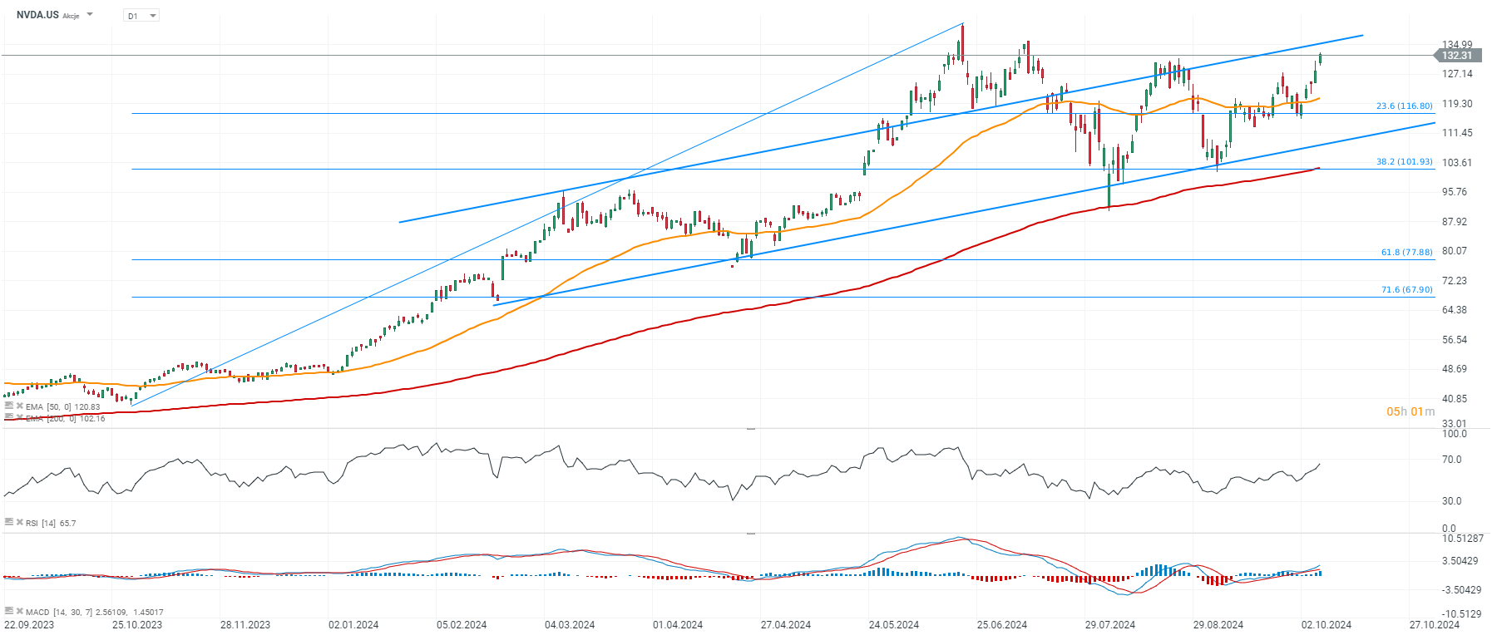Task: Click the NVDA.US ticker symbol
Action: [x=37, y=15]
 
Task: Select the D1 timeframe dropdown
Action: [x=141, y=16]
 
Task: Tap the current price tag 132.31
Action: [x=1456, y=56]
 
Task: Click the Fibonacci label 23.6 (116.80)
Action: [x=1404, y=106]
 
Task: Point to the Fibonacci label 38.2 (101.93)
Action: [x=1404, y=162]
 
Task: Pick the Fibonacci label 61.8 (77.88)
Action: [x=1406, y=253]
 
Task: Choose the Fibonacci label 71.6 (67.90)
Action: [x=1406, y=290]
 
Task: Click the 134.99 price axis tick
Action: [x=1457, y=45]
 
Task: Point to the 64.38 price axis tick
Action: [x=1455, y=310]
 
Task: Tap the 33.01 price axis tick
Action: [x=1455, y=423]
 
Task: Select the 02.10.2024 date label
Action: [x=1326, y=625]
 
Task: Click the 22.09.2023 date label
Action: [x=29, y=625]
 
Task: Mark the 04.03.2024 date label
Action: [x=570, y=625]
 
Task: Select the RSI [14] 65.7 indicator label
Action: [x=50, y=524]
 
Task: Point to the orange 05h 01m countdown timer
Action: [x=1410, y=411]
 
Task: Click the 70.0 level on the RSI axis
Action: [x=1452, y=460]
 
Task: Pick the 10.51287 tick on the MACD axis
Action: [x=1462, y=539]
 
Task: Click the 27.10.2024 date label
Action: [x=1435, y=625]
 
